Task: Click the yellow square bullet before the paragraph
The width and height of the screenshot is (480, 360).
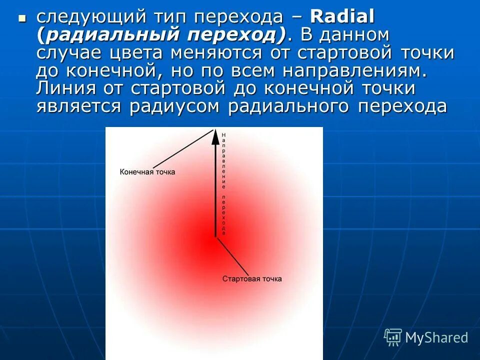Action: [x=21, y=18]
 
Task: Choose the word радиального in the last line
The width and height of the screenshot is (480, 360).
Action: [x=288, y=107]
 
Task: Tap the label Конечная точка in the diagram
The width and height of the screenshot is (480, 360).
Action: [x=147, y=172]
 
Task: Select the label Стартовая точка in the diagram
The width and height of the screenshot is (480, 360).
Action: [x=252, y=279]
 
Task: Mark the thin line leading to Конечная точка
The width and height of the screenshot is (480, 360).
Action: [x=182, y=148]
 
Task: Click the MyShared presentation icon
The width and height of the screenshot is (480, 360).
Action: [x=392, y=337]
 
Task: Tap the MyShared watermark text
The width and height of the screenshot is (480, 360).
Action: [x=436, y=338]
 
